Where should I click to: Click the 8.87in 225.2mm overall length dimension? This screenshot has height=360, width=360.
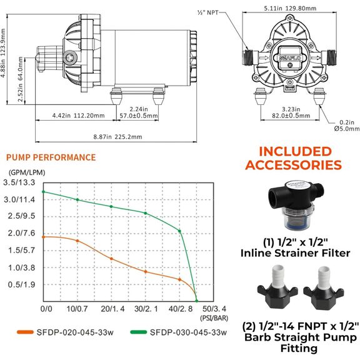point(117,137)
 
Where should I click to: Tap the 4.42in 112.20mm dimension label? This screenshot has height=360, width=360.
point(78,116)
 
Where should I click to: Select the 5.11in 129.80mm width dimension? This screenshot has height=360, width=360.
point(290,9)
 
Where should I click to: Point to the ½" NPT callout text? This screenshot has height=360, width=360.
point(207,12)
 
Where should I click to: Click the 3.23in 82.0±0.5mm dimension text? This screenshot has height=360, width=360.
point(291,112)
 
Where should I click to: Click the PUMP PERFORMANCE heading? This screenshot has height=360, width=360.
point(51,157)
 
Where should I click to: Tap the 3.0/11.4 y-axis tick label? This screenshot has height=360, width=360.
point(19,199)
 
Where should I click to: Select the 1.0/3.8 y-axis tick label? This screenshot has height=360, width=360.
point(21,267)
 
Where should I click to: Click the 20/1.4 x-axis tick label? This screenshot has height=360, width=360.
point(112,309)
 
